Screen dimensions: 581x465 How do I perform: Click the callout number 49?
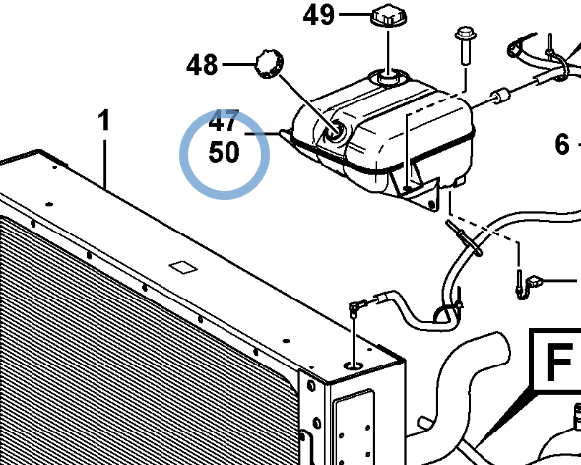tap(318, 16)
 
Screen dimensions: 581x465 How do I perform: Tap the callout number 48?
tap(202, 65)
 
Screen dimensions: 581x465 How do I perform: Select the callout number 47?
tap(224, 121)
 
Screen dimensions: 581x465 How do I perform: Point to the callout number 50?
tap(224, 153)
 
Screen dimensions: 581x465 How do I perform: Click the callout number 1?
tap(104, 120)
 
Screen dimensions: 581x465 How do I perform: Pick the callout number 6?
tap(562, 144)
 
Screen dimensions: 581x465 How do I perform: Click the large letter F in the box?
tap(558, 362)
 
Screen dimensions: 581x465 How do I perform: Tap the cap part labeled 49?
tap(388, 16)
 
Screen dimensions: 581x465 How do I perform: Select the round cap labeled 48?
tap(269, 64)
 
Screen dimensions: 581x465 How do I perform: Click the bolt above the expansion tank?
tap(465, 45)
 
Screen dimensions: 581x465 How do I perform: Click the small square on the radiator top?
tap(183, 267)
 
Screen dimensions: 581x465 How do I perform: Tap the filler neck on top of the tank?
tap(389, 78)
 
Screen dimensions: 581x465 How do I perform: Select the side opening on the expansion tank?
tap(335, 131)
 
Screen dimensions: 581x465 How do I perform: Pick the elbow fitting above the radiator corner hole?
tap(355, 306)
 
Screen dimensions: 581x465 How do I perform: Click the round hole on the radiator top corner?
tap(354, 366)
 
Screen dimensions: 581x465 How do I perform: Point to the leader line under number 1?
tap(105, 165)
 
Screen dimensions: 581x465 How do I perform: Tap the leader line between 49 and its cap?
tap(355, 15)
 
